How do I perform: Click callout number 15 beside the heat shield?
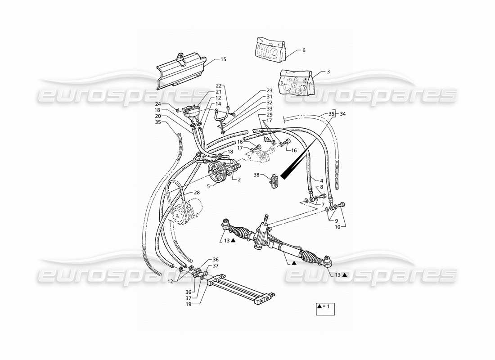tap(224, 59)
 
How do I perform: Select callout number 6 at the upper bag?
tap(304, 50)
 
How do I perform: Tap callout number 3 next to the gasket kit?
tap(328, 72)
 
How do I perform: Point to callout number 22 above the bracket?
tap(218, 85)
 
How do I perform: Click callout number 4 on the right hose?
tap(322, 181)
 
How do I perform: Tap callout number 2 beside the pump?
tap(239, 179)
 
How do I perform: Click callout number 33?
tap(270, 109)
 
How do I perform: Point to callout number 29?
tap(270, 115)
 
